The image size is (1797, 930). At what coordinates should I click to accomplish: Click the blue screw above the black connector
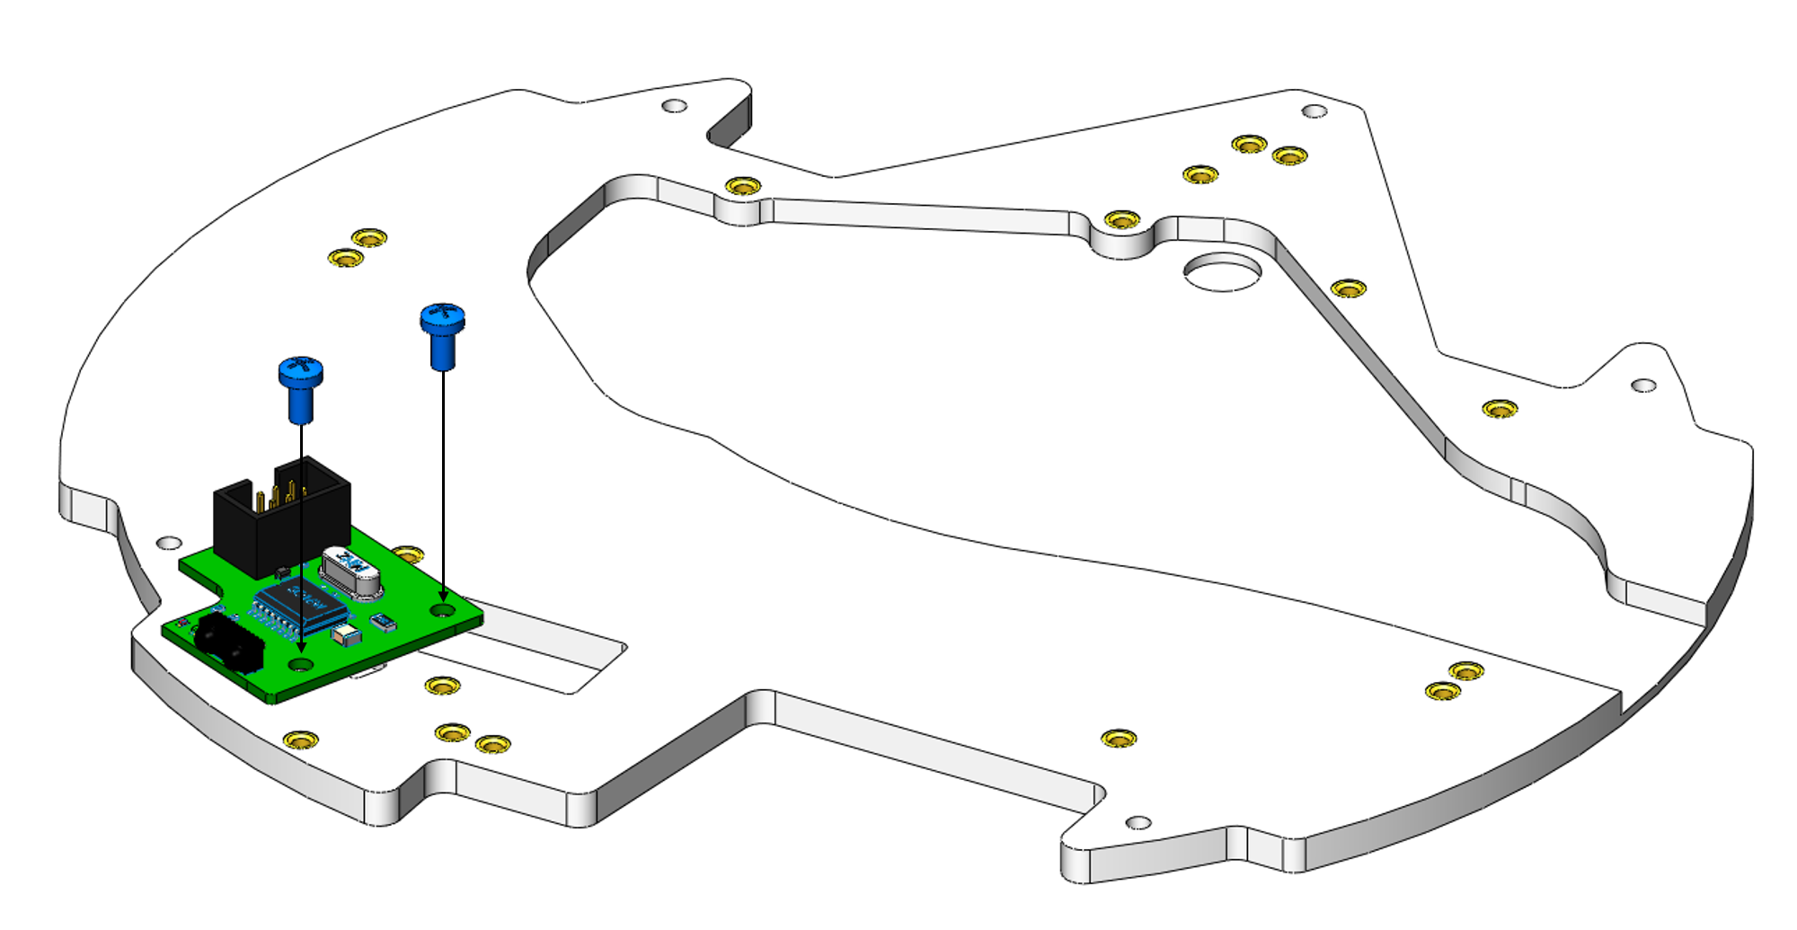pos(301,386)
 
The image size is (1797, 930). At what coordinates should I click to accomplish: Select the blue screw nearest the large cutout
pos(442,333)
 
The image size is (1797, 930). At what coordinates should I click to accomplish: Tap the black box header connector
pos(280,517)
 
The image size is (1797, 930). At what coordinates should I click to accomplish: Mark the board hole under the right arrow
pos(443,610)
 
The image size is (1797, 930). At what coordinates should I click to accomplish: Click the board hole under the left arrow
pos(300,665)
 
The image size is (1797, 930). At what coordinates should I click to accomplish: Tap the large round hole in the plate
pos(1222,271)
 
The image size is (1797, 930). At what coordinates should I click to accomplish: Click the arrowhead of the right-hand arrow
pos(443,597)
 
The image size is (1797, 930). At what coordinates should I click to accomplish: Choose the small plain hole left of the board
pos(169,544)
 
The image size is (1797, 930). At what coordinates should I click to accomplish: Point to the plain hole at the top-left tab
pos(674,106)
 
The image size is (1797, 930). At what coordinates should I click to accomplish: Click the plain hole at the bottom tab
pos(1138,822)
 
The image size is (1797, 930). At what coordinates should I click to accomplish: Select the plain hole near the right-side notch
pos(1643,385)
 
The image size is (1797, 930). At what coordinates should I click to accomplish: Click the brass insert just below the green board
pos(442,686)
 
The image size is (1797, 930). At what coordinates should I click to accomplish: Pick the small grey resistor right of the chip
pos(385,621)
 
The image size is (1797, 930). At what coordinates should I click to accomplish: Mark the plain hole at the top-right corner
pos(1315,111)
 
